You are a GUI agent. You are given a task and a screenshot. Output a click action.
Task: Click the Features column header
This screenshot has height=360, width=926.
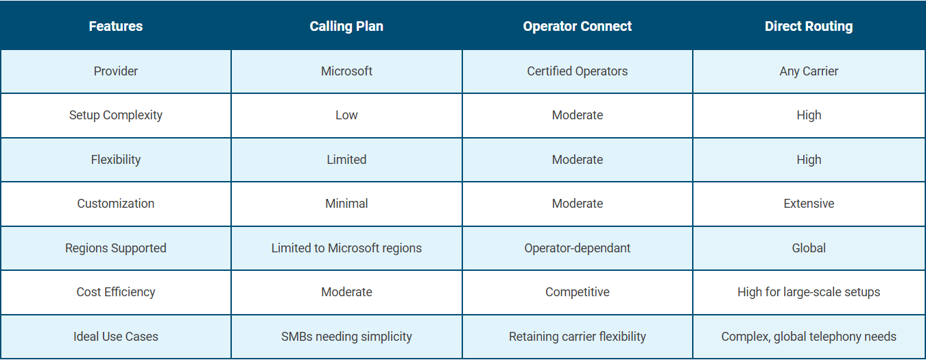[x=116, y=26]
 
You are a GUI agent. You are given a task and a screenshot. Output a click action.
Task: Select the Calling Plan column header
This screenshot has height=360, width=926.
[x=346, y=26]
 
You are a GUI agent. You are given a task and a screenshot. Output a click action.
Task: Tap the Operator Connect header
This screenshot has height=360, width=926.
[x=577, y=26]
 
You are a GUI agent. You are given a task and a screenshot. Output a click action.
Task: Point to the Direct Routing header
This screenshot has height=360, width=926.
[x=809, y=26]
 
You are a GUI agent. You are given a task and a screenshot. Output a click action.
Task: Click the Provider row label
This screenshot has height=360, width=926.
[x=116, y=71]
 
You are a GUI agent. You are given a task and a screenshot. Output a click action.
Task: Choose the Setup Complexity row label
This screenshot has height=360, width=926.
[x=116, y=115]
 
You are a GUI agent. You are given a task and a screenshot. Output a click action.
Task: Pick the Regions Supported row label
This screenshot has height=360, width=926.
[x=116, y=248]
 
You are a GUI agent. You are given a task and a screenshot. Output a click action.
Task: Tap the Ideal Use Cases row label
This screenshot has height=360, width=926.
[x=116, y=337]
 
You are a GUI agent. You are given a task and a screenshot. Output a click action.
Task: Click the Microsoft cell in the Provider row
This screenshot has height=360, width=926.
[x=346, y=71]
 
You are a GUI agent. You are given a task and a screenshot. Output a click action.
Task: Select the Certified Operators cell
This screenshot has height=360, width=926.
[x=577, y=71]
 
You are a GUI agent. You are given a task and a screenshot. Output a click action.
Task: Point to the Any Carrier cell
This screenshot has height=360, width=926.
[x=809, y=71]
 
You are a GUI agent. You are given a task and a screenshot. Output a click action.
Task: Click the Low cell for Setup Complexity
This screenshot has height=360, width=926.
[x=346, y=115]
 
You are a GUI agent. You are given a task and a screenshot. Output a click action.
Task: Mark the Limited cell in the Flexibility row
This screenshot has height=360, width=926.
[x=346, y=160]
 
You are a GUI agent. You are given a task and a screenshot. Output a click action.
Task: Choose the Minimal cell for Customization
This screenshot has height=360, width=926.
[x=346, y=204]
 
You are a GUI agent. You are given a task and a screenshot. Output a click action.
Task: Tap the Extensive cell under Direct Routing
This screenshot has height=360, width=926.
[x=809, y=204]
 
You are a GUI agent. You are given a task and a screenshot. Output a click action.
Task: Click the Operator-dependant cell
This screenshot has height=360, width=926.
[x=577, y=248]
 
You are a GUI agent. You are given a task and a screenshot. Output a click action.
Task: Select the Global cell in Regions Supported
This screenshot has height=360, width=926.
[x=809, y=248]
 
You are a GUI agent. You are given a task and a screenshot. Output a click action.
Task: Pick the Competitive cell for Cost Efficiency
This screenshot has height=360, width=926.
[x=577, y=292]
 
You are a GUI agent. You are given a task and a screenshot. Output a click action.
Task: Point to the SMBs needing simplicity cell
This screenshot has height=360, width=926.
[x=346, y=337]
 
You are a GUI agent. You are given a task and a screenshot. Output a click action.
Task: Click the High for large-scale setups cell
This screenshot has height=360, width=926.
[x=809, y=292]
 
